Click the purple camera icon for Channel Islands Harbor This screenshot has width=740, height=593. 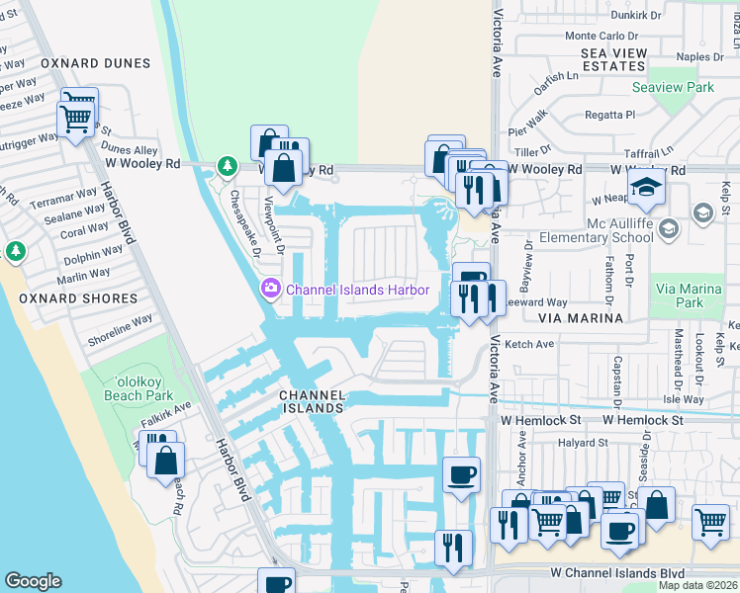tap(269, 290)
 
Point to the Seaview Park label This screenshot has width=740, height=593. tap(673, 88)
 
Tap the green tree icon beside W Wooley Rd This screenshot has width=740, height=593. tap(228, 165)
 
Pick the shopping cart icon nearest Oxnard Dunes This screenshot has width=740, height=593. tap(76, 120)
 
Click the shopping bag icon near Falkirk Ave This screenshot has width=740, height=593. tap(166, 460)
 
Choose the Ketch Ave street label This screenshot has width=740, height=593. tap(530, 344)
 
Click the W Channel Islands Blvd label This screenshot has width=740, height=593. tap(617, 572)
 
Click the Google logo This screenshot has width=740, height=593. tap(33, 581)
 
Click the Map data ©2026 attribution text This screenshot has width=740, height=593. tap(697, 585)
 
